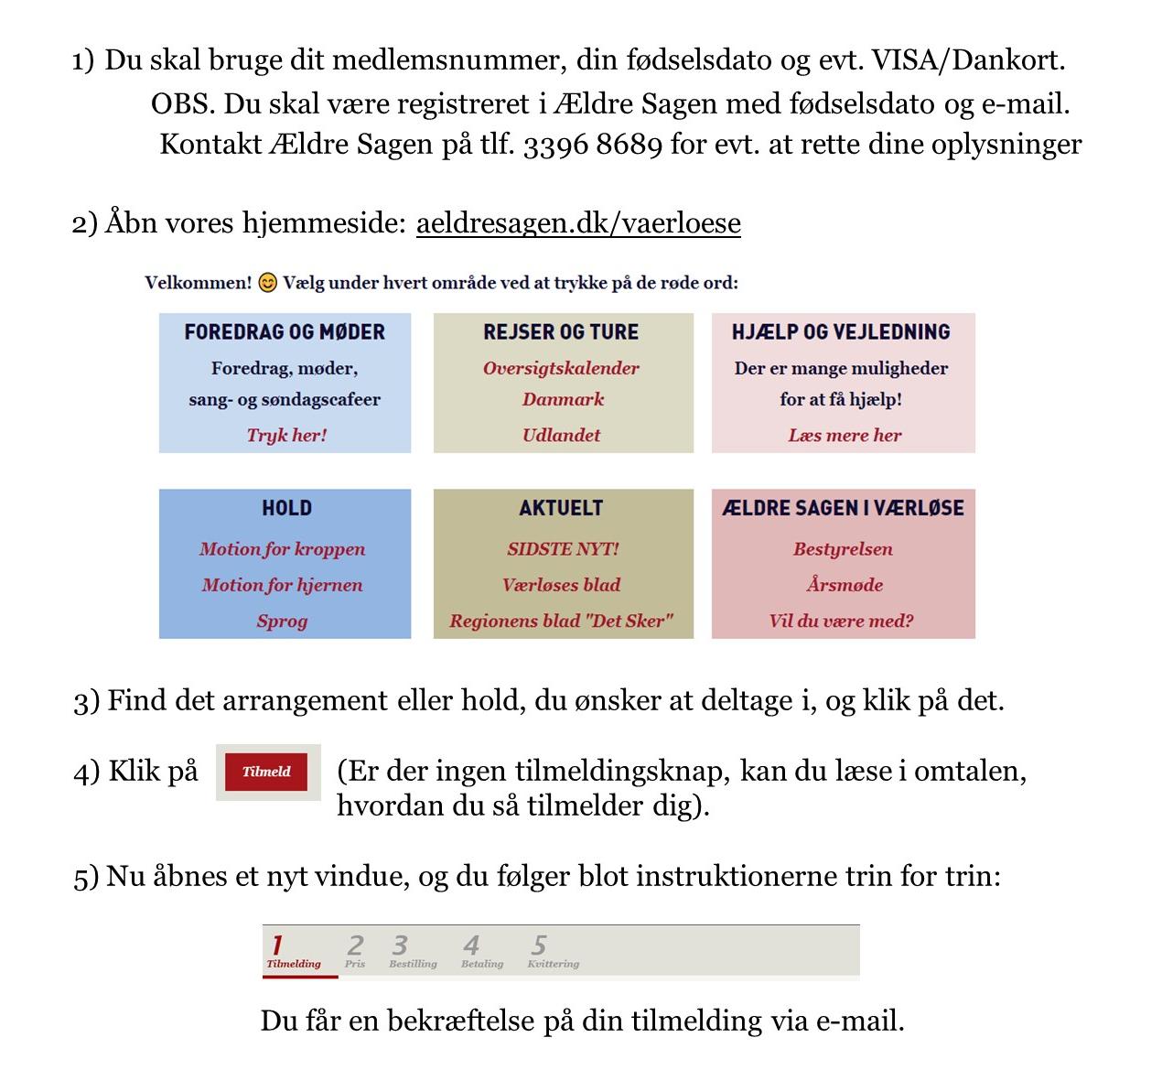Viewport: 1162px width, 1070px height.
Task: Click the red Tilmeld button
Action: (266, 772)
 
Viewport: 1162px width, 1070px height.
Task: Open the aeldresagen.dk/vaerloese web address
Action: (578, 223)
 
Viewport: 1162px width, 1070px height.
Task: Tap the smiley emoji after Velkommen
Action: (267, 283)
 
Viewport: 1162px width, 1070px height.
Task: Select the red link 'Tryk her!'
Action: (286, 435)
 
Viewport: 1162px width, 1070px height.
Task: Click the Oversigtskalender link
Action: (561, 368)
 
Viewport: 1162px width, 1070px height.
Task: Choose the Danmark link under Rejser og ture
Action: (563, 399)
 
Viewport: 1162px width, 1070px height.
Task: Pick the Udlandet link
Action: (561, 435)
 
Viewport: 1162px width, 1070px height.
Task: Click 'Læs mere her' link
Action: (844, 435)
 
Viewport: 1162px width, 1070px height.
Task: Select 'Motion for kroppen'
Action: (282, 549)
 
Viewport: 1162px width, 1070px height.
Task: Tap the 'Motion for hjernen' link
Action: (282, 585)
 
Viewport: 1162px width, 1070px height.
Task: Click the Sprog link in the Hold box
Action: (282, 621)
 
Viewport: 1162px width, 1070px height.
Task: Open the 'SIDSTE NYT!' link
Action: (563, 549)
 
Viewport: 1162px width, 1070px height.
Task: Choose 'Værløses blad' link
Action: (561, 585)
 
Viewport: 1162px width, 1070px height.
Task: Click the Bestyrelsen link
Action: (843, 549)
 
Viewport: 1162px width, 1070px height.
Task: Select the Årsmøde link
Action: (844, 585)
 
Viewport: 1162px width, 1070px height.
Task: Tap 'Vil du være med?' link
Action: (841, 621)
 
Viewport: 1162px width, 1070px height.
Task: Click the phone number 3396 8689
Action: (592, 145)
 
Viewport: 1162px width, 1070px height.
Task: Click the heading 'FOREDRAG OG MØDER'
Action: (285, 332)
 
